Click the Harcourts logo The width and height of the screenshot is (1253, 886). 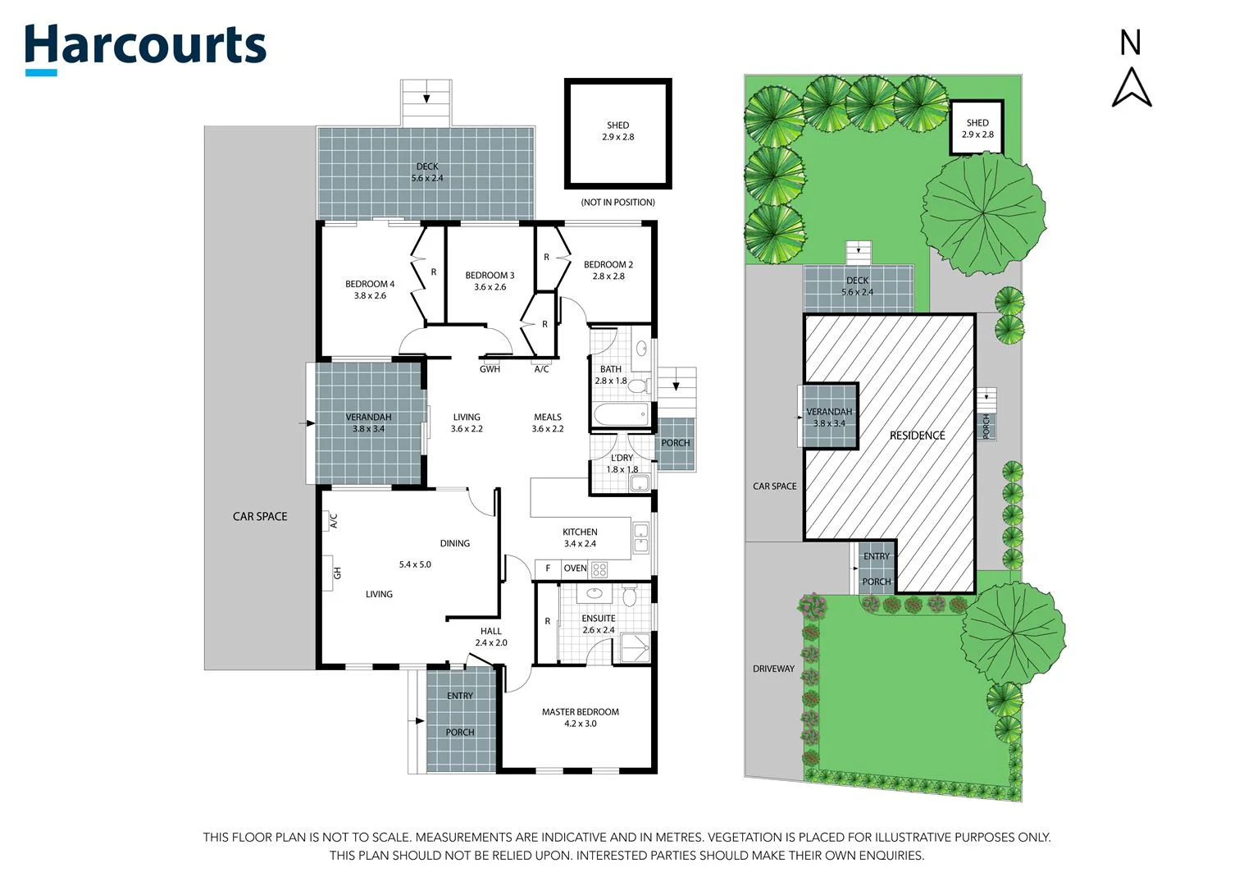point(145,48)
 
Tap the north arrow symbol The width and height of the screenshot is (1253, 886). point(1132,87)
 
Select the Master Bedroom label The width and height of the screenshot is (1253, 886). point(580,718)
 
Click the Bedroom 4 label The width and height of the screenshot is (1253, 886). point(370,290)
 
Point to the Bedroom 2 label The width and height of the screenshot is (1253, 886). point(608,270)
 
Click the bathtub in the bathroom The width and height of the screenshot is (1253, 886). point(621,414)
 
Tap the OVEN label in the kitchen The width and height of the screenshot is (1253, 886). point(575,569)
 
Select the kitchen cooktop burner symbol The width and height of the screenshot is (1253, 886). point(599,569)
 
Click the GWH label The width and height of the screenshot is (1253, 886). point(490,369)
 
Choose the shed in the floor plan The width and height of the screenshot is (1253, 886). point(617,133)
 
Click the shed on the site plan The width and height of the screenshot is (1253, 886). point(977,128)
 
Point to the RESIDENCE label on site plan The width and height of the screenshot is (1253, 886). point(917,436)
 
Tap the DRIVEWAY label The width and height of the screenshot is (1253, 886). point(773,669)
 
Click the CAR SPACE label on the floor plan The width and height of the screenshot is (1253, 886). point(260,517)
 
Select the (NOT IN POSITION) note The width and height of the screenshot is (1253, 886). point(617,202)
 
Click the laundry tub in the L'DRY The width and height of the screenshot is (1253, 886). point(639,483)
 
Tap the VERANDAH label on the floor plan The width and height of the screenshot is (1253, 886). point(368,422)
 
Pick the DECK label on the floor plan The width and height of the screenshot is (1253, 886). point(426,172)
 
